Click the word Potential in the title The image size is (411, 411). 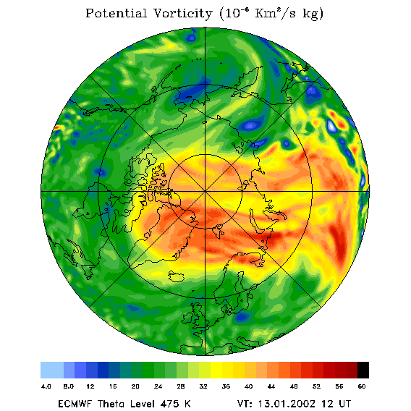pos(116,13)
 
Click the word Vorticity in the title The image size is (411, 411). pos(182,13)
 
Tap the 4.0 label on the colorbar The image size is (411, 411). pos(46,386)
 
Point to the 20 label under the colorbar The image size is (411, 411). pos(135,386)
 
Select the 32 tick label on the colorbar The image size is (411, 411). pos(203,386)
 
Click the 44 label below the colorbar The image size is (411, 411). pos(271,386)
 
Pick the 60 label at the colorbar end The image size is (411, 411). pos(362,386)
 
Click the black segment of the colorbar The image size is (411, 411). pos(363,370)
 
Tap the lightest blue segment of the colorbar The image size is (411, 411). pos(52,370)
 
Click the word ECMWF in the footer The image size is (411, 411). pos(75,404)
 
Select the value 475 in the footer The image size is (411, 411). pos(170,404)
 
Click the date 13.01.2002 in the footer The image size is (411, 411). pos(287,404)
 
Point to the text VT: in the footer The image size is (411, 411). pos(245,404)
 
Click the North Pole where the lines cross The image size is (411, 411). pos(205,192)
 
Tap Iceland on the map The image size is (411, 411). pos(176,276)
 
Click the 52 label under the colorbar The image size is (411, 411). pos(316,386)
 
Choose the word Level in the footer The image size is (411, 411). pos(141,404)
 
